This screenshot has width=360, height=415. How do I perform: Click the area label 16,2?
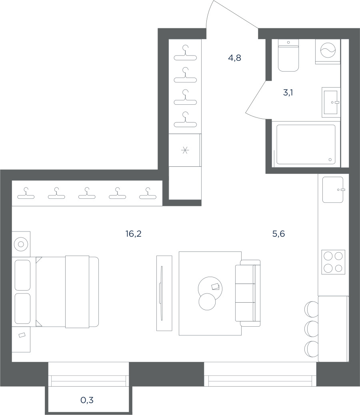pos(134,234)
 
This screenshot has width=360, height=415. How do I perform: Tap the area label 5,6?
pos(278,234)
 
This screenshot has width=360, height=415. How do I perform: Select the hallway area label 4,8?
pos(234,58)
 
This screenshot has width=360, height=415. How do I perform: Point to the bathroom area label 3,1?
pos(288,93)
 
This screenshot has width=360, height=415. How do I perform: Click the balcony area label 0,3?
pos(87,400)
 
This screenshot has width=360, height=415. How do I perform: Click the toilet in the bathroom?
pos(288,55)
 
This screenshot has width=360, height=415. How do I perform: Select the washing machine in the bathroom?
pos(328,51)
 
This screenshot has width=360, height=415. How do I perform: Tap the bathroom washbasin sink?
pos(331,102)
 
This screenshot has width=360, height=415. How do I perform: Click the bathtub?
pos(306,144)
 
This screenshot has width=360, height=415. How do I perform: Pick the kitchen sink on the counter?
pos(333,190)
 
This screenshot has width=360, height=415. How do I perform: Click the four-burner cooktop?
pos(333,262)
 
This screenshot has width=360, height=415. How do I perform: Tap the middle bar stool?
pos(312,329)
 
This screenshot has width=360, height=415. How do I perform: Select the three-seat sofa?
pos(248,293)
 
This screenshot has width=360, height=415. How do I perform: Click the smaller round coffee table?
pos(207,302)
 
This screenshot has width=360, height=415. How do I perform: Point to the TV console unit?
pos(164,293)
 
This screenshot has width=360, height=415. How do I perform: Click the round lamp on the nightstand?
pos(21,244)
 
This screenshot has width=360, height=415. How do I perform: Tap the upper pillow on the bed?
pos(22,275)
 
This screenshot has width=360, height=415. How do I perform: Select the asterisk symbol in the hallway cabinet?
pos(185,150)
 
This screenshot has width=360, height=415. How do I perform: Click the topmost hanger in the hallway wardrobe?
pos(185,53)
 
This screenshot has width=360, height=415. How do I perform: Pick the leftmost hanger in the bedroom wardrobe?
pos(26,193)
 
